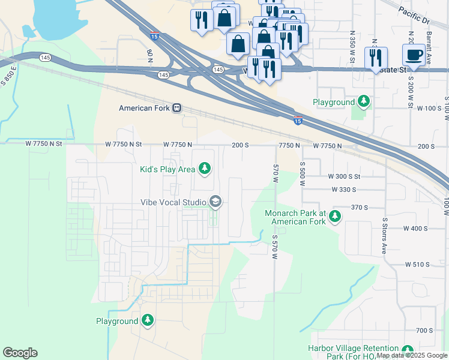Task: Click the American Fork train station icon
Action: [176, 108]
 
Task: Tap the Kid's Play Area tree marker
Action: [205, 168]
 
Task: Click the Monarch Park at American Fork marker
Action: [334, 216]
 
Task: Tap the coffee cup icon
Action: [414, 55]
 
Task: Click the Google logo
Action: [20, 352]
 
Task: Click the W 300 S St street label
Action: [344, 176]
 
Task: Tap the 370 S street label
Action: [359, 207]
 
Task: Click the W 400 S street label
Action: [415, 229]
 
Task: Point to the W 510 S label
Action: [418, 264]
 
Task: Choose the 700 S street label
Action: [424, 331]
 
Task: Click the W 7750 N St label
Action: [123, 145]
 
